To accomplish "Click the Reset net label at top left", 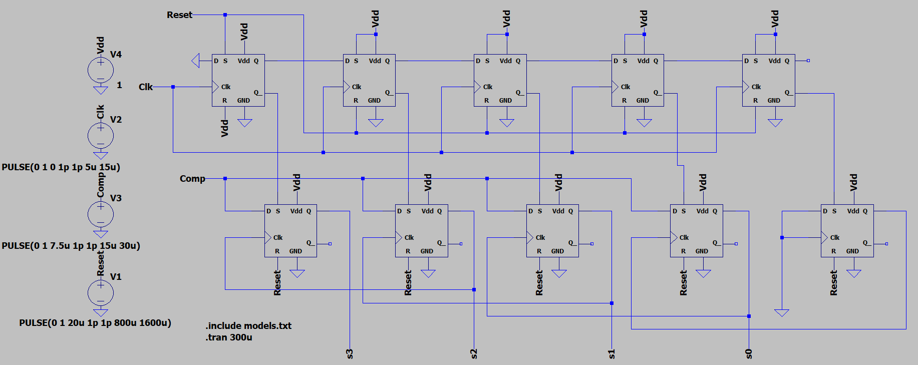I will [179, 15].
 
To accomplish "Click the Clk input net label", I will [145, 87].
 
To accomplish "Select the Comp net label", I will [192, 179].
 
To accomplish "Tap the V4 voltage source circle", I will [101, 70].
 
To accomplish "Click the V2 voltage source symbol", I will [101, 135].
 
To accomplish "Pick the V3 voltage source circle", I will [101, 214].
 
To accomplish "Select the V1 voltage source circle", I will [101, 293].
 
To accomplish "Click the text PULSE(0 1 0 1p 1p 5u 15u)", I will [61, 167].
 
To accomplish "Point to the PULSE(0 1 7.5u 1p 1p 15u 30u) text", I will [71, 246].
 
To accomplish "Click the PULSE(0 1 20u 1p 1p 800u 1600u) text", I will [95, 323].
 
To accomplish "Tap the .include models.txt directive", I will [248, 326].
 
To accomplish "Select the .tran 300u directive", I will [229, 337].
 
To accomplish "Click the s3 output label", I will [350, 353].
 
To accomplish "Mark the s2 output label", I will [474, 353].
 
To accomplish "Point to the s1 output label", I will [611, 353].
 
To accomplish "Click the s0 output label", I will [749, 353].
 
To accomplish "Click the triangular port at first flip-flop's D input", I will [196, 61].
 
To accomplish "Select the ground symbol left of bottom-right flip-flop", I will [781, 313].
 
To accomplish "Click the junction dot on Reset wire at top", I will [225, 15].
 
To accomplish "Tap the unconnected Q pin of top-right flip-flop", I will [808, 61].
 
